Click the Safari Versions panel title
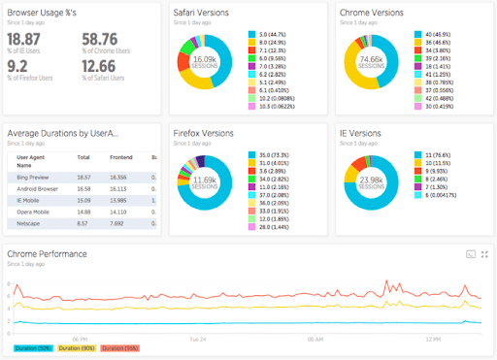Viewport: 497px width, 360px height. (209, 13)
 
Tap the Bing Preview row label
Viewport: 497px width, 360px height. (34, 177)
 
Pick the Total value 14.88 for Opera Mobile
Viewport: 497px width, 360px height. (83, 209)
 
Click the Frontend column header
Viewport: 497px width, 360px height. (119, 156)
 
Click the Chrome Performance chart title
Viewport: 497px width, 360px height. (47, 253)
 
